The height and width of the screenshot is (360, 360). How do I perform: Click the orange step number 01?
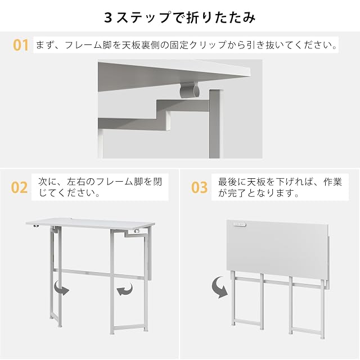[21, 45]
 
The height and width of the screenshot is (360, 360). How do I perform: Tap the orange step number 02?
[19, 187]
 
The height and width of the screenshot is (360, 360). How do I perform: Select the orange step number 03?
[199, 187]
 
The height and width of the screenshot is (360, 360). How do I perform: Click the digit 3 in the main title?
[108, 17]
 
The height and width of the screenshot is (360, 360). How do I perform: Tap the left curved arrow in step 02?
[61, 289]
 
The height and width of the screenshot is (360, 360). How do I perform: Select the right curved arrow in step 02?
[125, 289]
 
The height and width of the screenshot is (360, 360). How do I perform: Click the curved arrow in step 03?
[220, 287]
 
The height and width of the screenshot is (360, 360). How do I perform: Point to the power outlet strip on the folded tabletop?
[240, 224]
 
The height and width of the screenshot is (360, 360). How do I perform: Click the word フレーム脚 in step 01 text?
[88, 45]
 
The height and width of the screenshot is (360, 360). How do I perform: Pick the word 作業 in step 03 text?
[332, 182]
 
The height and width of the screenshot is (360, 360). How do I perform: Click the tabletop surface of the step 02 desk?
[90, 223]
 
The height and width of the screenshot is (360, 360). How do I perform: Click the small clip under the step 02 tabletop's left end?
[35, 226]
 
